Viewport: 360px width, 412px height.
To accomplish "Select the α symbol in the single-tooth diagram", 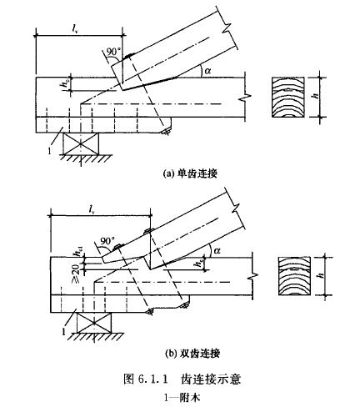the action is click(x=207, y=71).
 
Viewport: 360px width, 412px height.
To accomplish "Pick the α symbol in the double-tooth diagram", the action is click(x=217, y=251).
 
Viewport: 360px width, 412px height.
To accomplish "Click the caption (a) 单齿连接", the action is click(x=190, y=173).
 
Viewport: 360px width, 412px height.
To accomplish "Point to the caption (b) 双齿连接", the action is click(x=192, y=354).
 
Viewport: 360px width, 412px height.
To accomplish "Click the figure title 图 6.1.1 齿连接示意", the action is click(x=182, y=379).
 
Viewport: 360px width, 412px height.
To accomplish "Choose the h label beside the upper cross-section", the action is click(x=315, y=96).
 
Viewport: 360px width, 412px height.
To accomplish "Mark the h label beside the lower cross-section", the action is click(x=322, y=275).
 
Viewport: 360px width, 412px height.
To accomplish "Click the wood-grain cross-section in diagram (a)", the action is click(x=288, y=98).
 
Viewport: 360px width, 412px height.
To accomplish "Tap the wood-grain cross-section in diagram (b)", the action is click(x=295, y=276).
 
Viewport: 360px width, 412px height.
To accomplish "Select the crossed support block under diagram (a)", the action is click(x=81, y=143).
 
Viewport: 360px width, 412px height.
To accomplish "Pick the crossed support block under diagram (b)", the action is click(x=94, y=323).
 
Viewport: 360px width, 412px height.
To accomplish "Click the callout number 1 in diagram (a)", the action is click(x=49, y=151).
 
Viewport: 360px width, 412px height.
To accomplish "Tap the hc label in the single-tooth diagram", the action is click(x=65, y=85).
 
